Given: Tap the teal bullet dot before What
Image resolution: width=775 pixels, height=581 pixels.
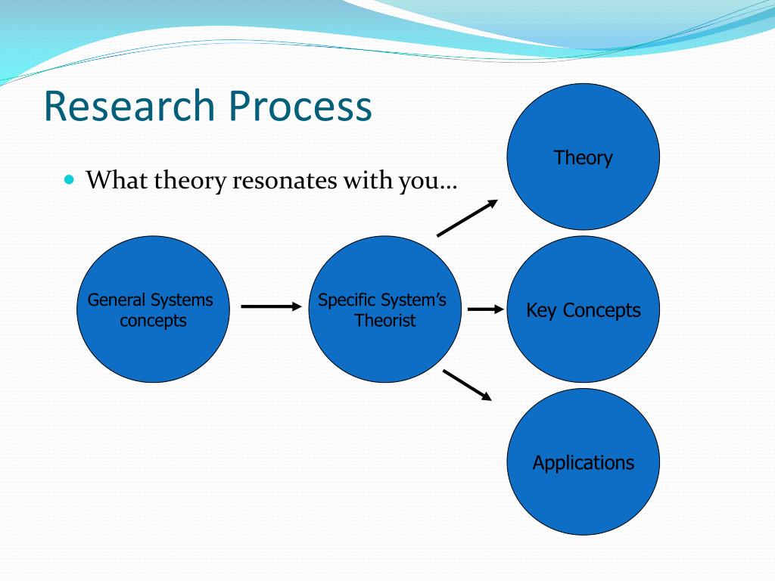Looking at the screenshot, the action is (x=69, y=179).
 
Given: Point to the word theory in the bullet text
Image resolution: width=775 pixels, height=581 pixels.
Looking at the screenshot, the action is (x=190, y=181).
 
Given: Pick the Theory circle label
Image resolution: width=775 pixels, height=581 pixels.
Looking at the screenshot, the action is (x=584, y=158).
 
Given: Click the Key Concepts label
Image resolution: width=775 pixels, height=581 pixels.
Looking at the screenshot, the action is (x=584, y=310).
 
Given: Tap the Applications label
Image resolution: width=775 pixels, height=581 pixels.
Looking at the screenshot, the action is (x=584, y=463).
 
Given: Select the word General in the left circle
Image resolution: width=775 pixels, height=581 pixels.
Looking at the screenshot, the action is (x=117, y=300).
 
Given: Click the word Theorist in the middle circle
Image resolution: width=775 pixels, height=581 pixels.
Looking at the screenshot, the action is (x=385, y=320).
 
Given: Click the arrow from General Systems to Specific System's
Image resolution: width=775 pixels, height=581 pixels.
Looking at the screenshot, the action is (x=272, y=307).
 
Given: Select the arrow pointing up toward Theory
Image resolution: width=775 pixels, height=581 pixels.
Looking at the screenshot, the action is (x=468, y=218).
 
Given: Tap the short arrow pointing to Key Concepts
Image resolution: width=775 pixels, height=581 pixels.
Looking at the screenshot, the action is (x=486, y=309).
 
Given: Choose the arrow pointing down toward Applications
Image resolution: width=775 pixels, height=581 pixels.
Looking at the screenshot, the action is (x=467, y=385).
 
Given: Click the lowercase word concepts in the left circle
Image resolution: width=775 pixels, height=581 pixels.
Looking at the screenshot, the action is (x=153, y=321).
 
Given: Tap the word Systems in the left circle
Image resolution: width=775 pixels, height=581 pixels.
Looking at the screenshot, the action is (x=182, y=300).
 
